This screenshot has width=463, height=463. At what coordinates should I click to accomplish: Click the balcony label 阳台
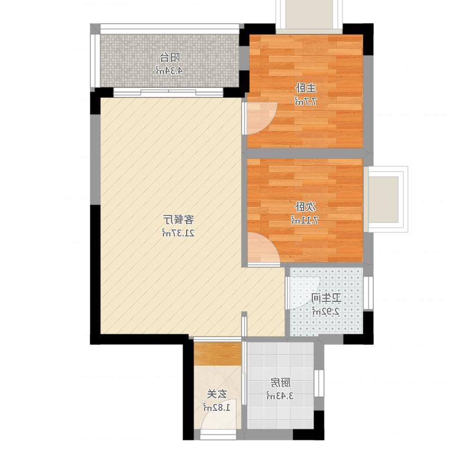click(x=170, y=57)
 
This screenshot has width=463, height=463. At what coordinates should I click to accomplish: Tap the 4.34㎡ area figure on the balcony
click(x=169, y=71)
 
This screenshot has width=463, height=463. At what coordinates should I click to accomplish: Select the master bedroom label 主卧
click(x=306, y=88)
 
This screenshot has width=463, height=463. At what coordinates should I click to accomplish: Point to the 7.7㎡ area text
click(x=306, y=101)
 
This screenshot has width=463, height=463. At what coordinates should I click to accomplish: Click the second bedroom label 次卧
click(x=305, y=207)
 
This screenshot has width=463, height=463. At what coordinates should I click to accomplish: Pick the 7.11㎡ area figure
click(x=305, y=220)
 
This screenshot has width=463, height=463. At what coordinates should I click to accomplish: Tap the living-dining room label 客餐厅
click(x=178, y=220)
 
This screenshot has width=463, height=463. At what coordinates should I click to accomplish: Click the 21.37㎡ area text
click(x=178, y=233)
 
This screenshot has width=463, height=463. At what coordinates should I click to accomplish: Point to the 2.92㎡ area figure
click(x=326, y=311)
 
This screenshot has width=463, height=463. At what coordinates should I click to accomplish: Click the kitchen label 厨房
click(x=280, y=382)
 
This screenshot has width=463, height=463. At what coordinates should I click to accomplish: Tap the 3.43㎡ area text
click(x=280, y=396)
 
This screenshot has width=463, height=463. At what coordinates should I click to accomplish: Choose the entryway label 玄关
click(x=217, y=394)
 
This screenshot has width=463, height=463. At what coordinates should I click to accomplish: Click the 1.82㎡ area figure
click(x=217, y=407)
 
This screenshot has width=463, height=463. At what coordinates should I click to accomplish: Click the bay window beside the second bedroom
click(x=385, y=199)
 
